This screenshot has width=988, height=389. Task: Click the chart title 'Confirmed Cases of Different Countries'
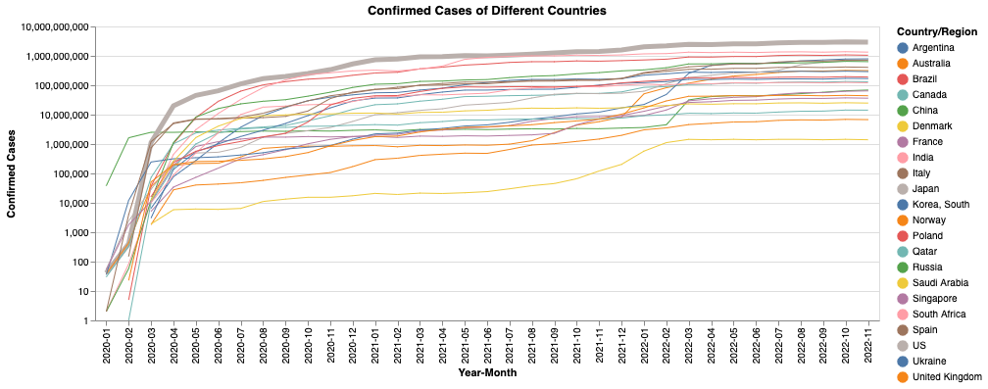coord(487,11)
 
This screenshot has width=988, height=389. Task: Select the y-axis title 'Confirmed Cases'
coord(13,173)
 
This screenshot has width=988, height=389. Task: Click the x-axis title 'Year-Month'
coord(487,373)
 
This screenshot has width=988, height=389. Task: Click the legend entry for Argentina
coord(928,47)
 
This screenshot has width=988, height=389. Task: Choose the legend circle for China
coord(902,110)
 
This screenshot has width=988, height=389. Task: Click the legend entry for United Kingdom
coord(941,376)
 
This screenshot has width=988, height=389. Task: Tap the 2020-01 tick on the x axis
coord(106,345)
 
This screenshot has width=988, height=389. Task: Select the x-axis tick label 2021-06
coord(487,345)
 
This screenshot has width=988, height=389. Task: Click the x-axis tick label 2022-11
coord(867,345)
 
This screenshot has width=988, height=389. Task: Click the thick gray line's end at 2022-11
coord(867,42)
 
